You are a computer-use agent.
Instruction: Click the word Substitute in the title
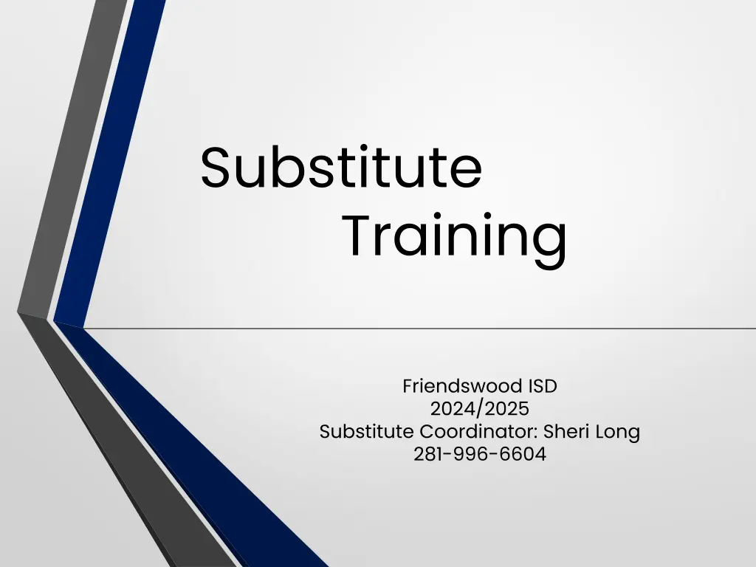pyautogui.click(x=341, y=168)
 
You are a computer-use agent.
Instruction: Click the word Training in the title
pyautogui.click(x=454, y=236)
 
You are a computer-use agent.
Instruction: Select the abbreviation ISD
pyautogui.click(x=543, y=385)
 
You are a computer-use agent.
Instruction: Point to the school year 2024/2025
pyautogui.click(x=480, y=408)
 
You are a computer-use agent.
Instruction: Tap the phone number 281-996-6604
pyautogui.click(x=480, y=454)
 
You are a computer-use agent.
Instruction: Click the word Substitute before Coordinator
pyautogui.click(x=367, y=431)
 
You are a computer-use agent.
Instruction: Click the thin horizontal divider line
pyautogui.click(x=443, y=328)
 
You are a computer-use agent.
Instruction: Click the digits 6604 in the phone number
pyautogui.click(x=523, y=454)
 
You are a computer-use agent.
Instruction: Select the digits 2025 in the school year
pyautogui.click(x=507, y=408)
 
